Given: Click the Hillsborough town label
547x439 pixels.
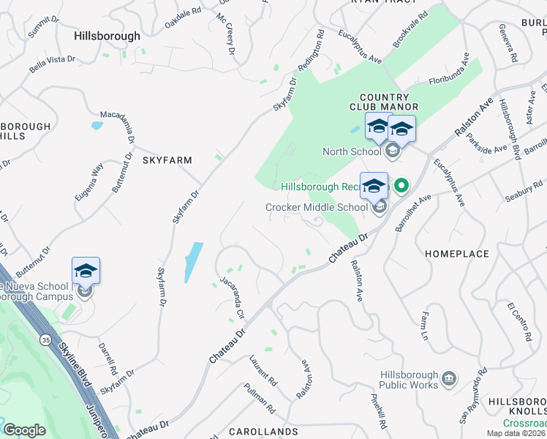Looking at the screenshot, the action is (107, 35).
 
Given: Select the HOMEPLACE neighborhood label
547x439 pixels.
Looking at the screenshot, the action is (457, 253).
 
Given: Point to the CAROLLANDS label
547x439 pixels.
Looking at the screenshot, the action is (263, 432).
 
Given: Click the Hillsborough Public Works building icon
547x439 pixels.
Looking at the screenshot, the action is (448, 379).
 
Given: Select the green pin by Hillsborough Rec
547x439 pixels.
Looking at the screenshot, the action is (401, 187).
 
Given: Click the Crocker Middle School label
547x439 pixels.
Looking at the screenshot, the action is (316, 207).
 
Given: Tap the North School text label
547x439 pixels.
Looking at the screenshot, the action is (352, 151).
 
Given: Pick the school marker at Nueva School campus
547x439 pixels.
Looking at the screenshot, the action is (86, 271).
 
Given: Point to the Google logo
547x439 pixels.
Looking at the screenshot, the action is (24, 430).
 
